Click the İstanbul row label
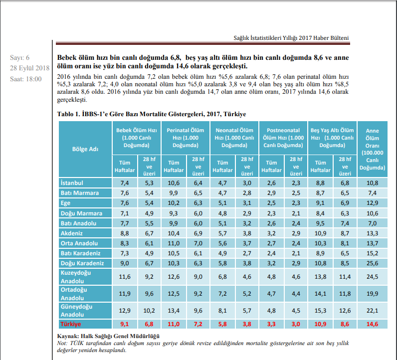(72, 183)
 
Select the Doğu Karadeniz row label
(82, 263)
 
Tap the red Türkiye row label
(71, 324)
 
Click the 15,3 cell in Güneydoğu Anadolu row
(320, 311)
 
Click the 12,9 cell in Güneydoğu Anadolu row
(124, 311)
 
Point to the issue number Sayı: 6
(20, 58)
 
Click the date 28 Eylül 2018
(29, 68)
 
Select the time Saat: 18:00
(26, 78)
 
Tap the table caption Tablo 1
(152, 114)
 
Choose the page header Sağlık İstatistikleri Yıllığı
(291, 38)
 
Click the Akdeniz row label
(72, 233)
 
